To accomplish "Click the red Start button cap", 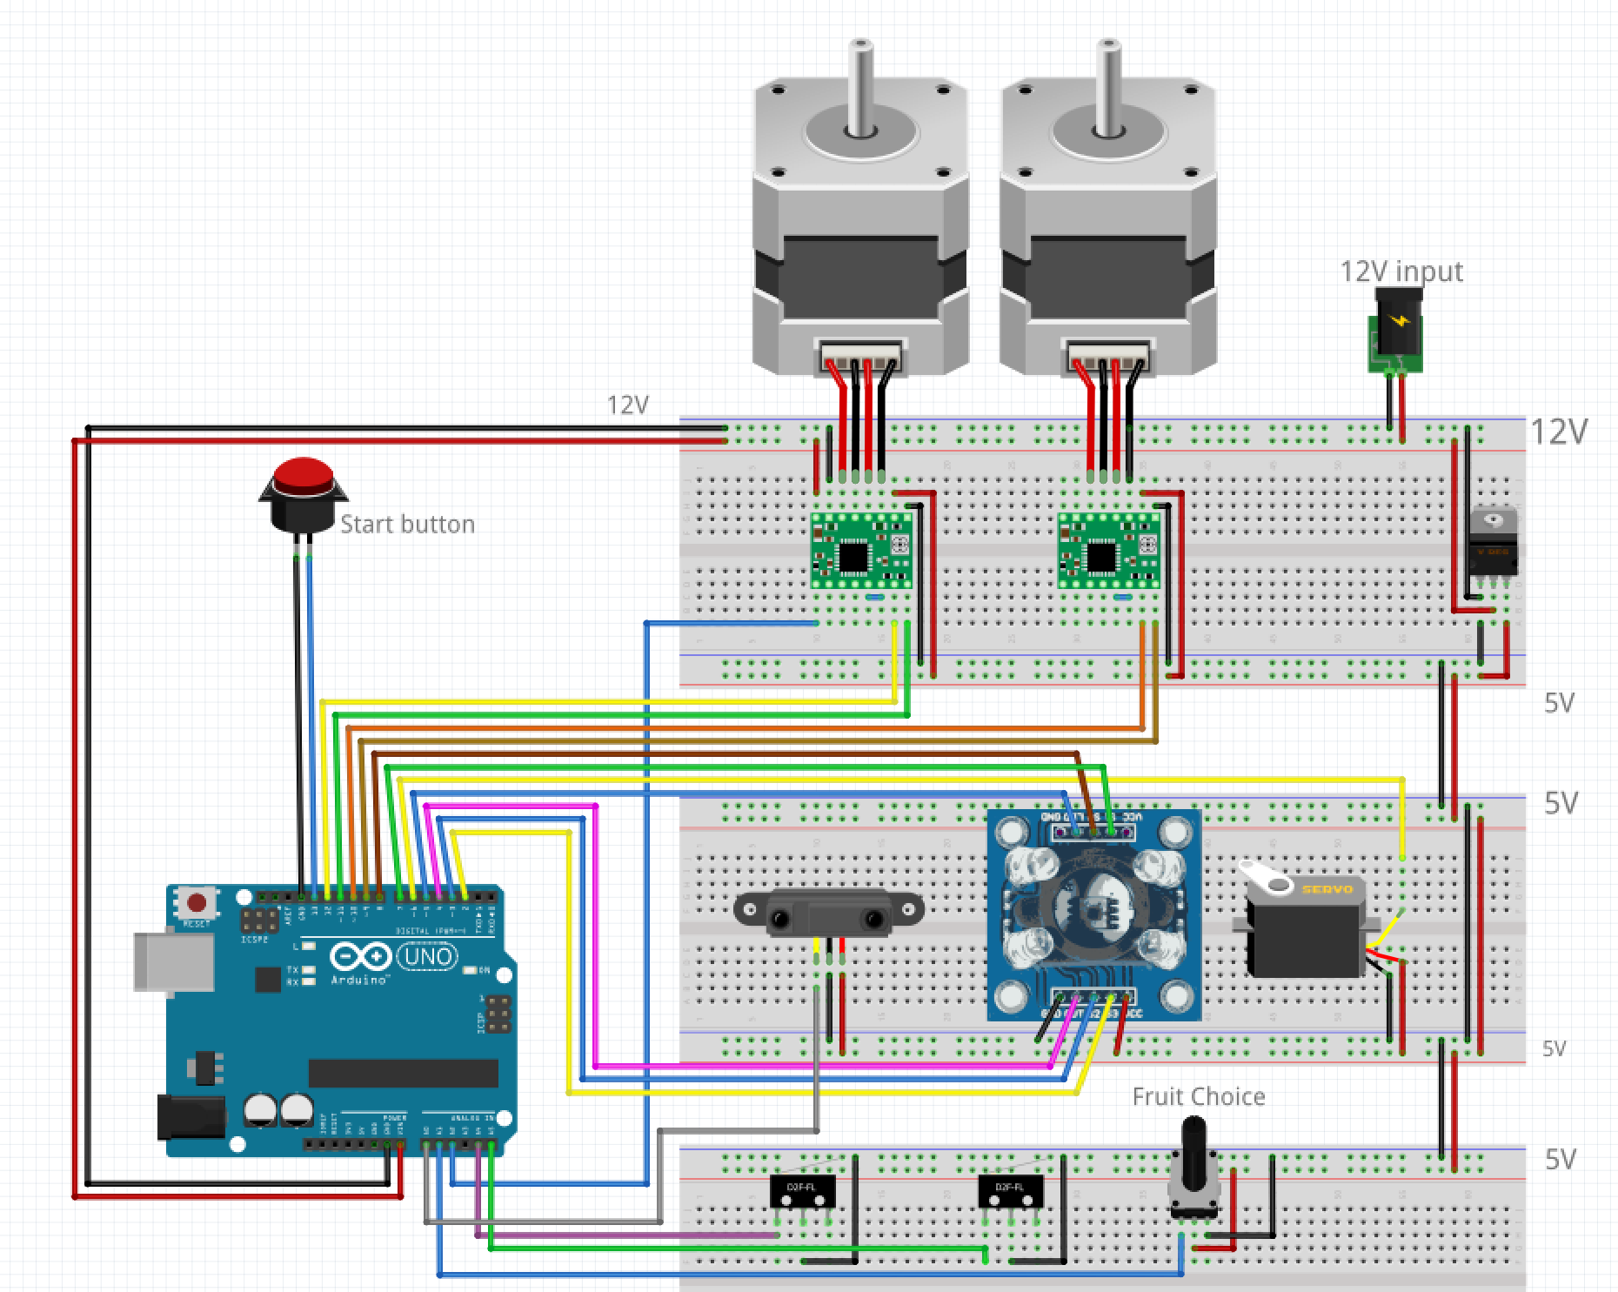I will (x=303, y=477).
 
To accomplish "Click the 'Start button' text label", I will (x=407, y=525).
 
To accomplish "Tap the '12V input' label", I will (x=1401, y=271).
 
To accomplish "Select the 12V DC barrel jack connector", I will (x=1397, y=331).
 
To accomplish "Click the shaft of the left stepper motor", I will (x=860, y=87).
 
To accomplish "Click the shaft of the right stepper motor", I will (x=1107, y=87).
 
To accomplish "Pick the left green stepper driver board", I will (x=861, y=551).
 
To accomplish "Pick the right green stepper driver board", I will (x=1108, y=551).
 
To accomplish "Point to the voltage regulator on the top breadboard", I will (x=1493, y=544).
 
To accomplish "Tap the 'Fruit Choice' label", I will (x=1198, y=1096).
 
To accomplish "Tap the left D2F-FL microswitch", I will (x=802, y=1190).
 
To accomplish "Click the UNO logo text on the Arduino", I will (x=427, y=956).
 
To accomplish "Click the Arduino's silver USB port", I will (x=173, y=961).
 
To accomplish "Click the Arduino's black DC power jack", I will (x=191, y=1116).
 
